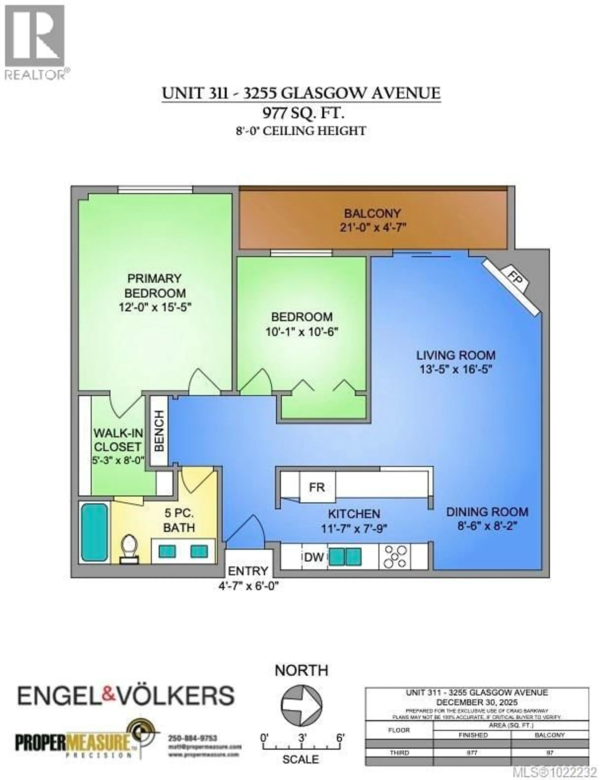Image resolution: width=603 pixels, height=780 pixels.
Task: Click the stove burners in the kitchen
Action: [x=395, y=556]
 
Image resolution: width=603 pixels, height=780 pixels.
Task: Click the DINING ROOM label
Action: [x=487, y=512]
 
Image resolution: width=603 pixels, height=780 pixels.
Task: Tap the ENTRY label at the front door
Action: [x=248, y=571]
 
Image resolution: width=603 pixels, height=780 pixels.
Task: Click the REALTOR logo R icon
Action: [x=35, y=36]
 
